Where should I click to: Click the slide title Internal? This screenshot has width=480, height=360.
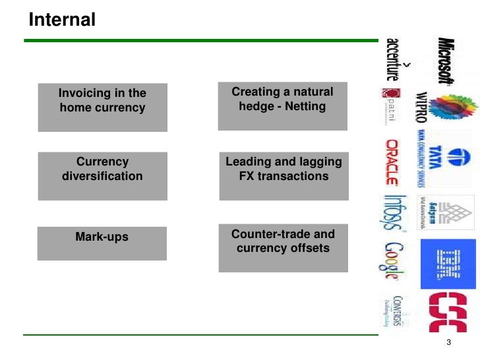(63, 20)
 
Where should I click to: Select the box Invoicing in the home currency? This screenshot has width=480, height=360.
(102, 107)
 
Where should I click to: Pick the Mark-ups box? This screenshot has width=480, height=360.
(102, 243)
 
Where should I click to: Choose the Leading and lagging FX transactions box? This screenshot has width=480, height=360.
(284, 175)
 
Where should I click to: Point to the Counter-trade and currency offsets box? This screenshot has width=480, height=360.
(283, 247)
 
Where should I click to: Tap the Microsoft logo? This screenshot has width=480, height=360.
(446, 58)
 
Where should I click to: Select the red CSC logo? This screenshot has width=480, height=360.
(448, 311)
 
